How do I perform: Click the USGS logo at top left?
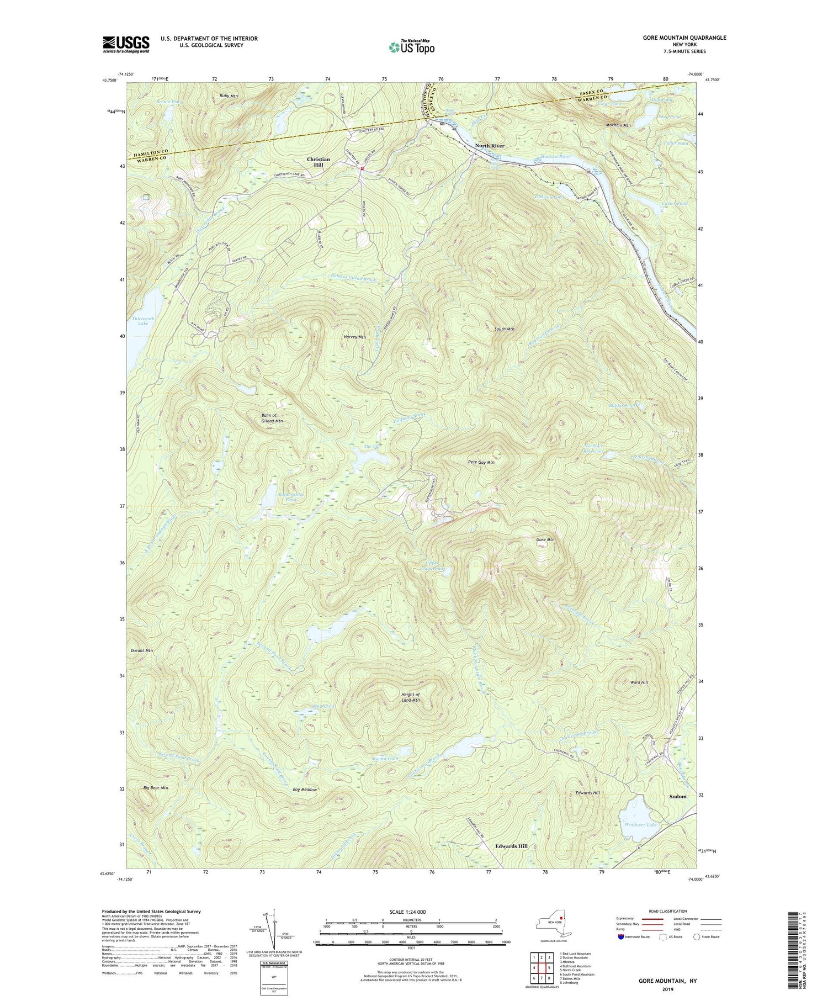click(x=126, y=44)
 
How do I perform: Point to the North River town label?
click(x=490, y=146)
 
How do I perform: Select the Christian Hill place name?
click(x=319, y=162)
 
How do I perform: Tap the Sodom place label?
click(x=677, y=797)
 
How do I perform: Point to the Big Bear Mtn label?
click(x=155, y=787)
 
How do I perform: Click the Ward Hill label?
click(x=639, y=682)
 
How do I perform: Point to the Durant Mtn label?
click(x=141, y=650)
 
